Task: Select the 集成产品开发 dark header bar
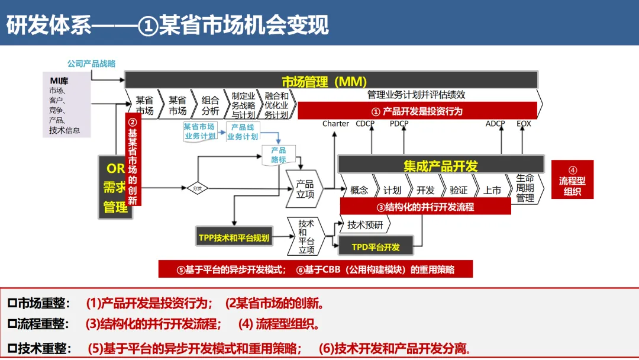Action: tap(441, 165)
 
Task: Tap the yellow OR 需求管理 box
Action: tap(115, 187)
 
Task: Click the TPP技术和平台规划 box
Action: tap(234, 237)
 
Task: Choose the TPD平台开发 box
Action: tap(376, 246)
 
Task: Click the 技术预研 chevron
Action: tap(365, 225)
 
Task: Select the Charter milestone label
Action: tap(335, 124)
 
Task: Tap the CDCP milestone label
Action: tap(364, 124)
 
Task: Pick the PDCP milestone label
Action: tap(399, 124)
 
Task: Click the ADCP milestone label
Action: tap(495, 124)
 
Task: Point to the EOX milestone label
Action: tap(524, 124)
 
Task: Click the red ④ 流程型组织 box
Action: tap(572, 179)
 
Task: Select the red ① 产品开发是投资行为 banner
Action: tap(417, 111)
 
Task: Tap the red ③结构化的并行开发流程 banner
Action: tap(425, 207)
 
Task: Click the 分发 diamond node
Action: tap(198, 188)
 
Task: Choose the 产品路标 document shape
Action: tap(278, 155)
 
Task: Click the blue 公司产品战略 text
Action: tap(91, 63)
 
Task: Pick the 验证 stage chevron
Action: tap(459, 189)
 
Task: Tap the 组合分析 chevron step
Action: tap(210, 106)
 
